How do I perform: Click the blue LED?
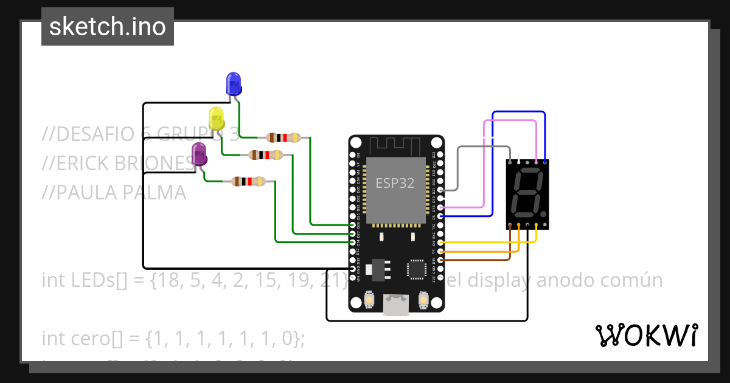(x=233, y=83)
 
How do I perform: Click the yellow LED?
(x=216, y=118)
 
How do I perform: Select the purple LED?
(x=199, y=154)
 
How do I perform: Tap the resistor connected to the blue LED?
(x=283, y=137)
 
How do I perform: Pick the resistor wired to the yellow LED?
(x=266, y=155)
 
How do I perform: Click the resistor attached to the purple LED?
(x=248, y=181)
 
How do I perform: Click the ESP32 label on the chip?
(x=395, y=183)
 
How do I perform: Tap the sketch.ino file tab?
(x=108, y=27)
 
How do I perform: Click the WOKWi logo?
(x=646, y=335)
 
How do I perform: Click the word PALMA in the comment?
(x=154, y=193)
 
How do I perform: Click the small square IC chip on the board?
(x=417, y=269)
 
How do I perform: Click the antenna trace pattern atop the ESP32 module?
(x=396, y=146)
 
